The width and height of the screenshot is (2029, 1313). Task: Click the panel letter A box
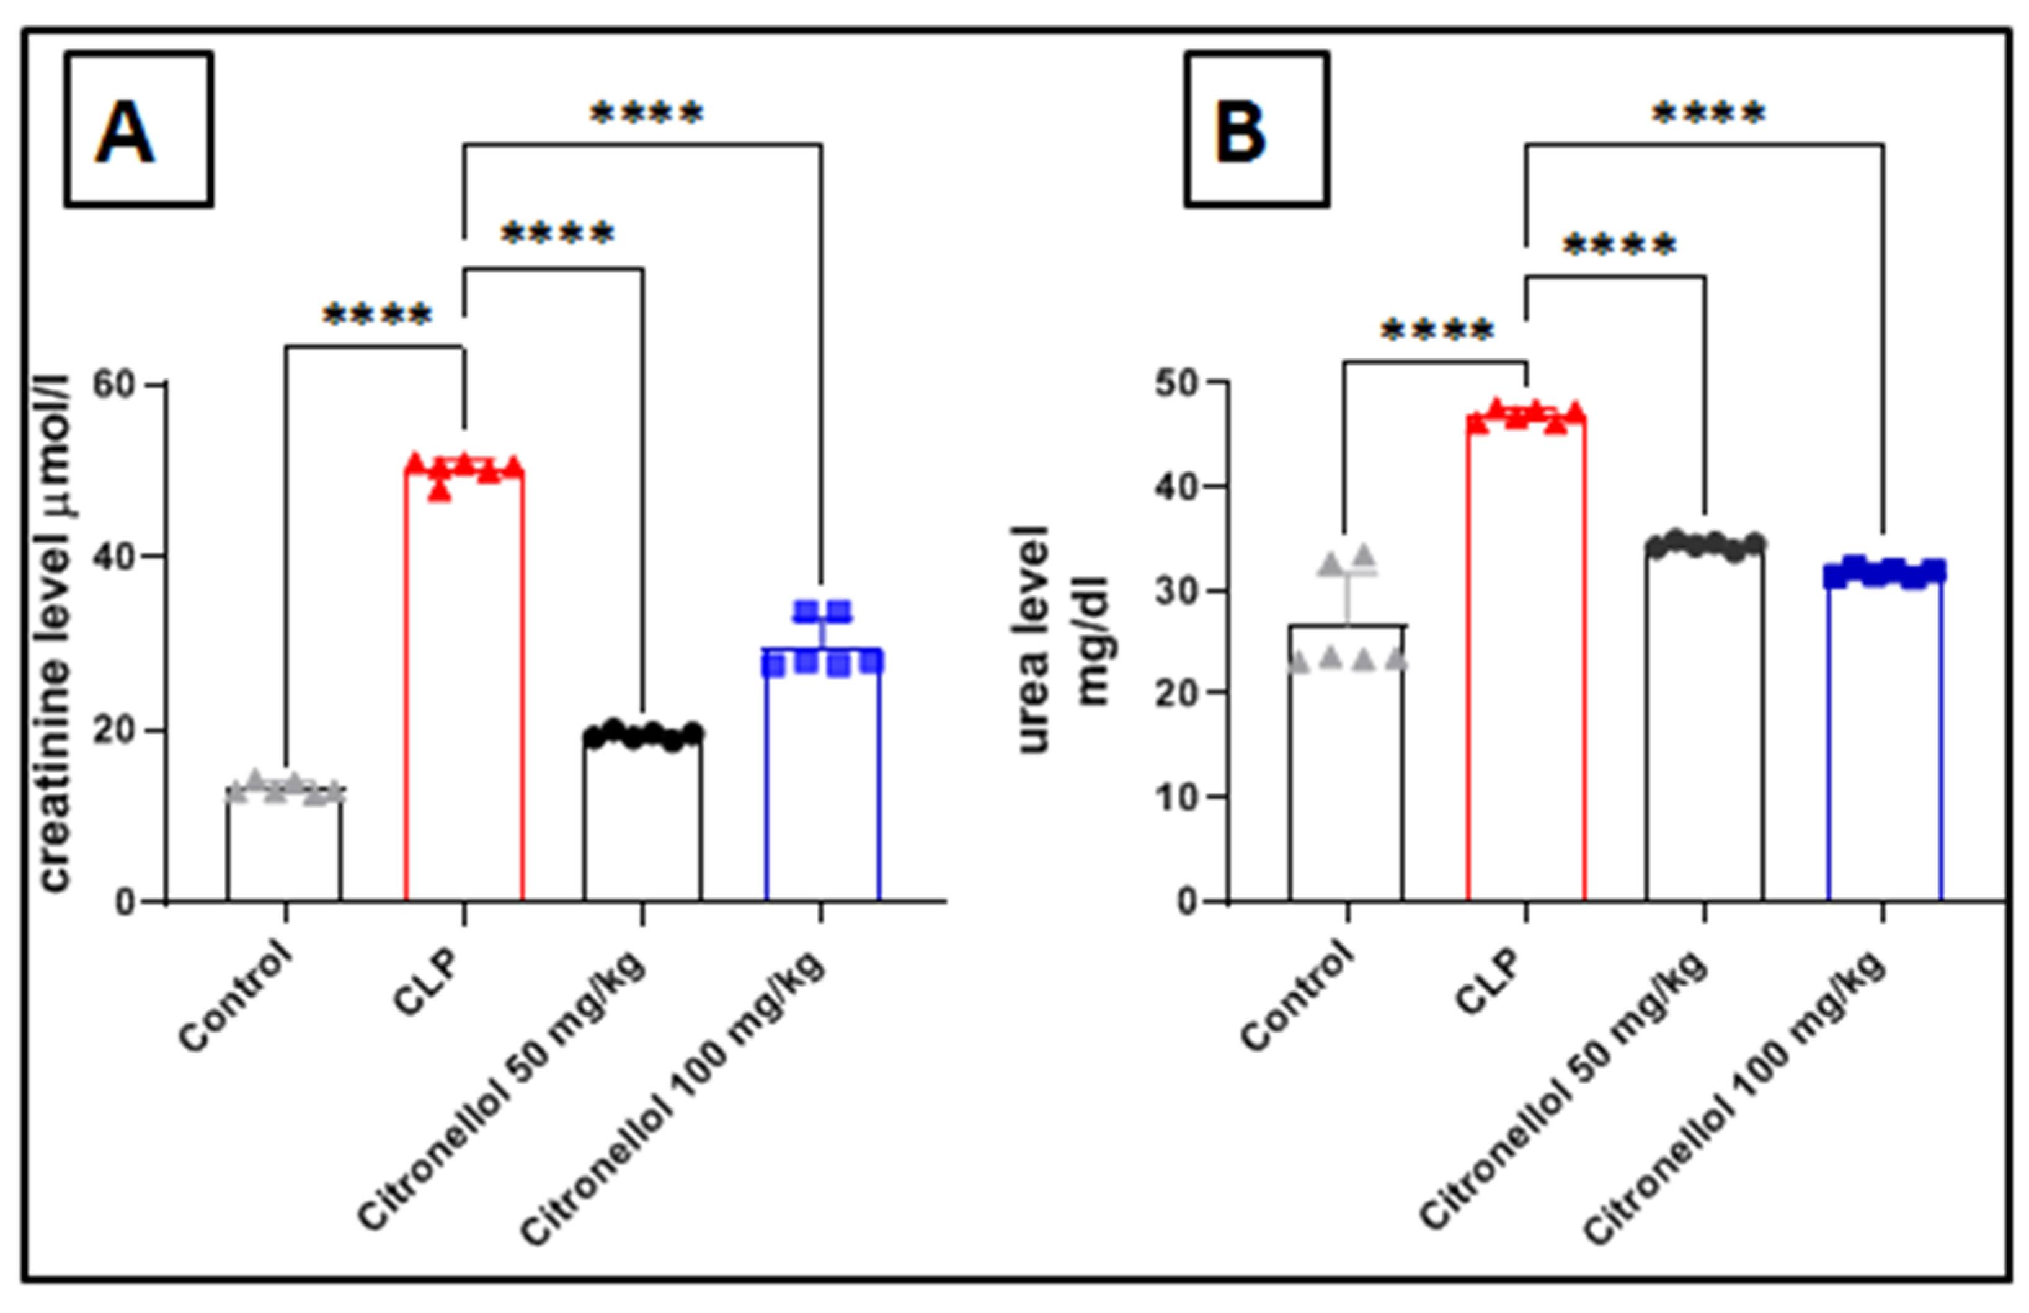138,129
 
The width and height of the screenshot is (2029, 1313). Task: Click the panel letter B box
1256,129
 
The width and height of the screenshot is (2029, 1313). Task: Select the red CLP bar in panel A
464,682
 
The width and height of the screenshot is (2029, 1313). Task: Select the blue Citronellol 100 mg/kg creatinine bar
822,776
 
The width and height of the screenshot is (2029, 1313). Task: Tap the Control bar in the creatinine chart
285,844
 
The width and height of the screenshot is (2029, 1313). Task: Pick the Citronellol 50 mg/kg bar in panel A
643,819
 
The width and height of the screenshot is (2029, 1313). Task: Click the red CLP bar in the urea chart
1526,656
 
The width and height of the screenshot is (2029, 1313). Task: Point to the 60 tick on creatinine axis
114,385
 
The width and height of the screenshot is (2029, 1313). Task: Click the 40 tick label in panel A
114,557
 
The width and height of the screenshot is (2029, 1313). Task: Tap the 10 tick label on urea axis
1176,797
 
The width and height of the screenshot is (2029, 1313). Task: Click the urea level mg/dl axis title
1062,639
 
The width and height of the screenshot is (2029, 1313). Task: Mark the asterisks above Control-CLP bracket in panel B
1437,330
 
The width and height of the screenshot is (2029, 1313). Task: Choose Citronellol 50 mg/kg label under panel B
1565,1092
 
